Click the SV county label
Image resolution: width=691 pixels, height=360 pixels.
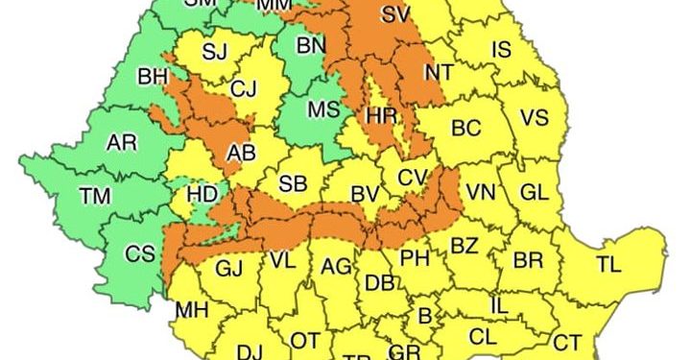pyautogui.click(x=394, y=14)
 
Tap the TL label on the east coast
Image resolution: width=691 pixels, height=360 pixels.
pyautogui.click(x=608, y=264)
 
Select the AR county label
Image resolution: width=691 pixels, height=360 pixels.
pyautogui.click(x=121, y=143)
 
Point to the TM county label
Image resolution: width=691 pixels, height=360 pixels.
pyautogui.click(x=95, y=197)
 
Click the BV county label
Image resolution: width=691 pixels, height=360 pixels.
pyautogui.click(x=365, y=194)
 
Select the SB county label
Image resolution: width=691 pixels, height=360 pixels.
pyautogui.click(x=292, y=183)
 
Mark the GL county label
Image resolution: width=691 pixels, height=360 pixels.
pyautogui.click(x=535, y=192)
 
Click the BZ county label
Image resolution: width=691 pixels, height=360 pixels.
pyautogui.click(x=465, y=247)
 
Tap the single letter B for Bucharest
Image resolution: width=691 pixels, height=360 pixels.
pyautogui.click(x=423, y=315)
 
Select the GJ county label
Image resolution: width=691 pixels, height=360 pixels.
pyautogui.click(x=229, y=269)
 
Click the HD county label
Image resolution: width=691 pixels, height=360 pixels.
pyautogui.click(x=203, y=195)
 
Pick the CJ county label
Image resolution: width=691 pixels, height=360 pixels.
pyautogui.click(x=244, y=90)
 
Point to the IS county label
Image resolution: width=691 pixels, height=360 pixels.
pyautogui.click(x=502, y=48)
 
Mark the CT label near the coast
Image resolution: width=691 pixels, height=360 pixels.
pyautogui.click(x=567, y=342)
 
